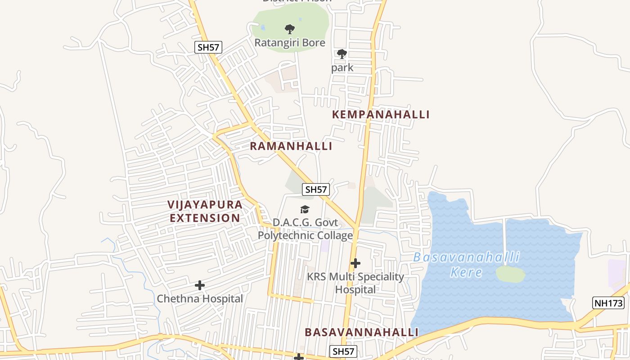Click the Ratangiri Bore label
290,43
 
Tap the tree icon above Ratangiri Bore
290,29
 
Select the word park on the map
342,68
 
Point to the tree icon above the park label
342,54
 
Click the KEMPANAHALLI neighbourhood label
381,114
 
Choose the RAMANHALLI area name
291,146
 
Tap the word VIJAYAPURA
205,204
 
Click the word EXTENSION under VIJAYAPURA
205,218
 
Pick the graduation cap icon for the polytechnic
305,209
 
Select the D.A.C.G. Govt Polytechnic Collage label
305,229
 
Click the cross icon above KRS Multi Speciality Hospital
355,263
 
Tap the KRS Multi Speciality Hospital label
355,283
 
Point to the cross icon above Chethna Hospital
200,285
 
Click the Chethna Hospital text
200,299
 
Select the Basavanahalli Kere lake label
466,265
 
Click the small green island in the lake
510,274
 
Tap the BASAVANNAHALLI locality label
362,332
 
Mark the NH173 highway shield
608,303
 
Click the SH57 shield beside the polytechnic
316,189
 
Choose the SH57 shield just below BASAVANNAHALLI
343,351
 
